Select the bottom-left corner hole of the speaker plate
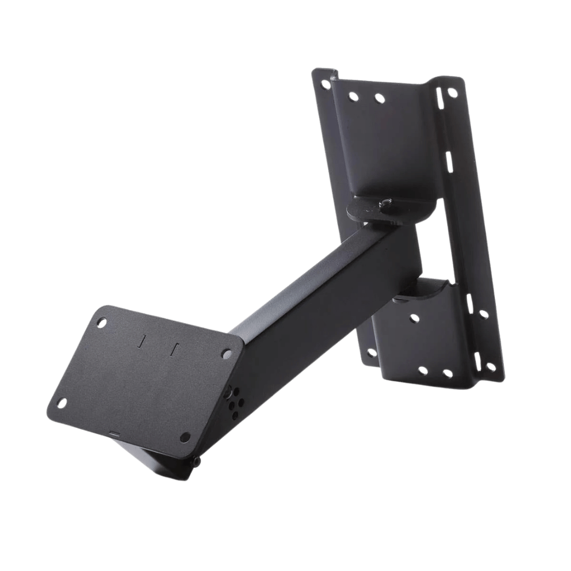click(62, 402)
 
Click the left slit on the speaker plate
click(141, 343)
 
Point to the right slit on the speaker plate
click(174, 350)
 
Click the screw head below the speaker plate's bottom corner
click(197, 462)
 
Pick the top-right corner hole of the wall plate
click(452, 93)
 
